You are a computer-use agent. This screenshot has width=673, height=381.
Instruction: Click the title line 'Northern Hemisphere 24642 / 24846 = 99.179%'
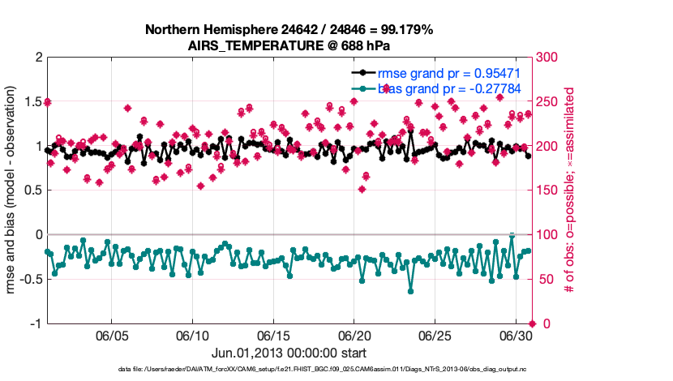coord(289,29)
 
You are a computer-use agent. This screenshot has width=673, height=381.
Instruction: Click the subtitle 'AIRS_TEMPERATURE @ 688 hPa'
coord(289,45)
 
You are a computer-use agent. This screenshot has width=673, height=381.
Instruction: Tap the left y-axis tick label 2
coord(38,58)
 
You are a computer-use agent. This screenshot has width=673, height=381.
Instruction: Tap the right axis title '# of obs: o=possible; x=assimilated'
coord(570,190)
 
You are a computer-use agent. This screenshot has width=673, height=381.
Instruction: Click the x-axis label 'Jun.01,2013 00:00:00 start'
coord(289,353)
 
